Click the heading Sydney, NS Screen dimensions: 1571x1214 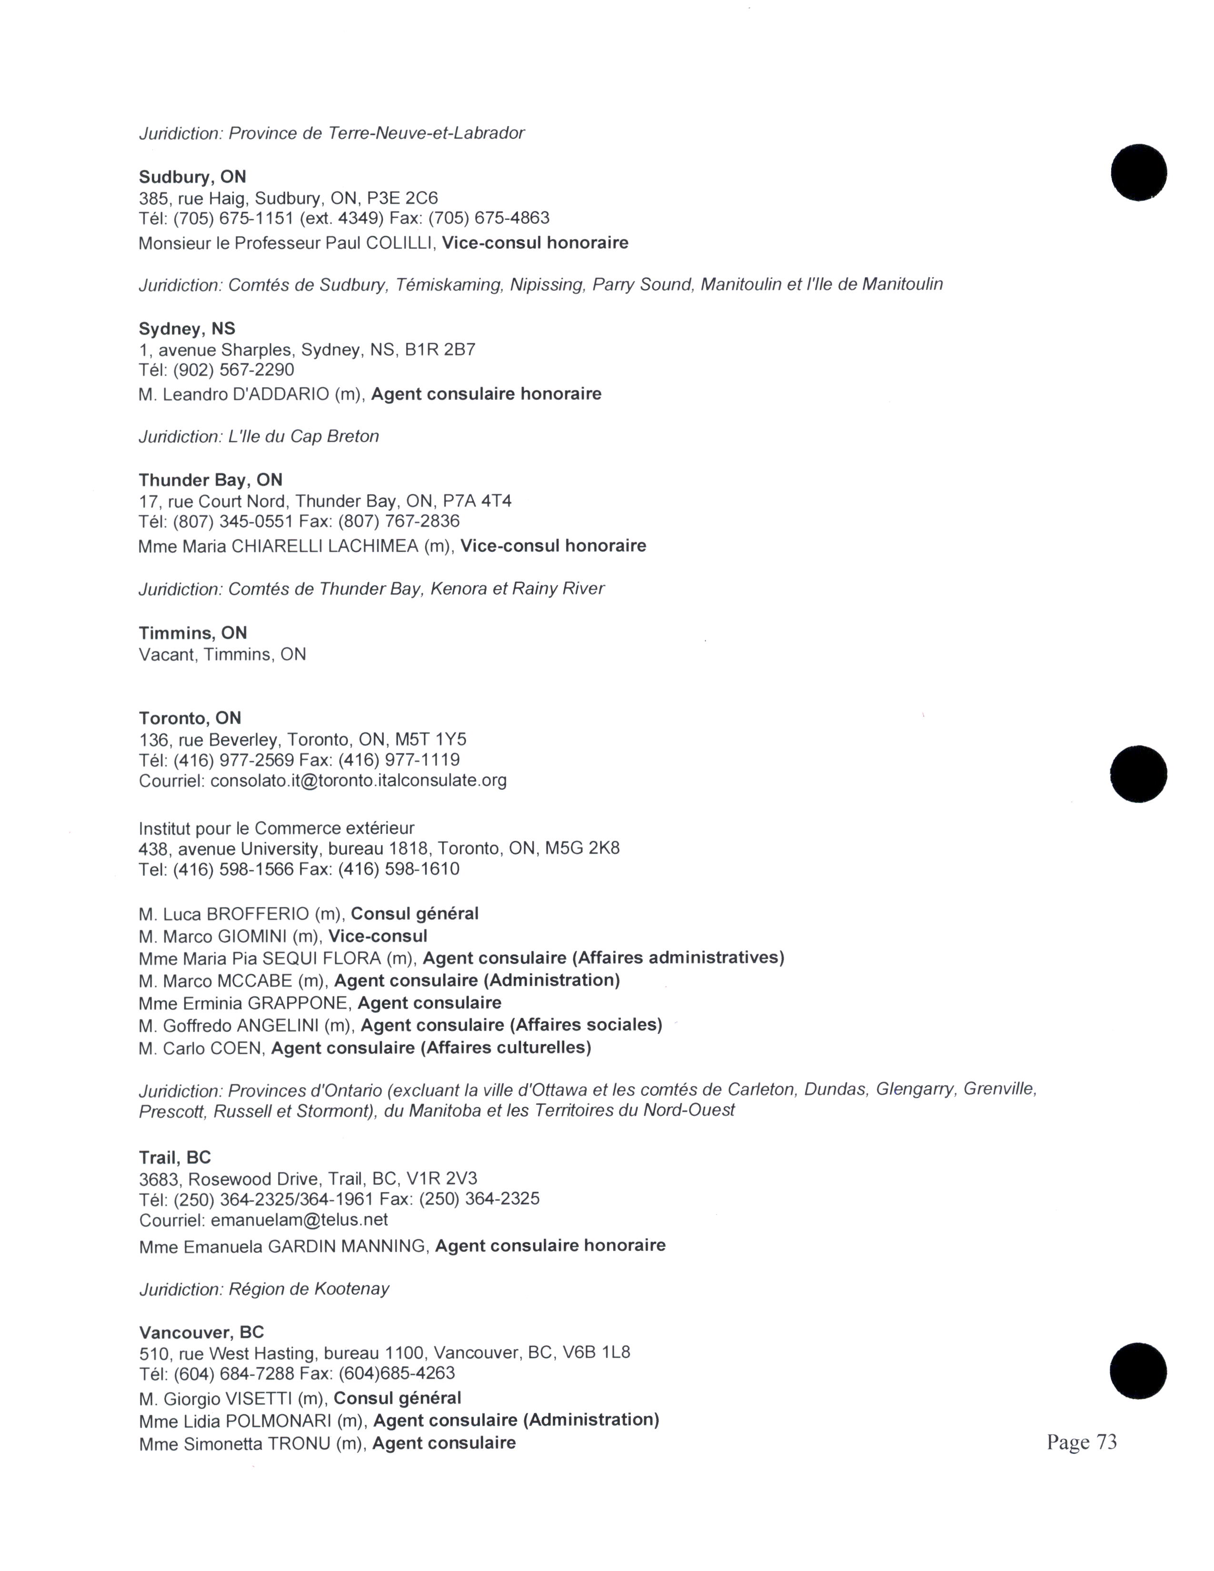[x=187, y=329]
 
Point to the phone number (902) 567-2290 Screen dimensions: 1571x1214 [x=234, y=370]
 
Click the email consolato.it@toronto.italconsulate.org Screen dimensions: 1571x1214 [x=358, y=780]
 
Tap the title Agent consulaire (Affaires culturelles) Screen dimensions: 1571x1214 [x=431, y=1048]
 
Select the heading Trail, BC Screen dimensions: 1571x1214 [x=175, y=1157]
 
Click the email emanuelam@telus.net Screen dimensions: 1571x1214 [x=299, y=1220]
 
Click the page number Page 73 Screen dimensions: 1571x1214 [x=1081, y=1442]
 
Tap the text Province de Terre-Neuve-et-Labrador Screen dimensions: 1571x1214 [x=376, y=133]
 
